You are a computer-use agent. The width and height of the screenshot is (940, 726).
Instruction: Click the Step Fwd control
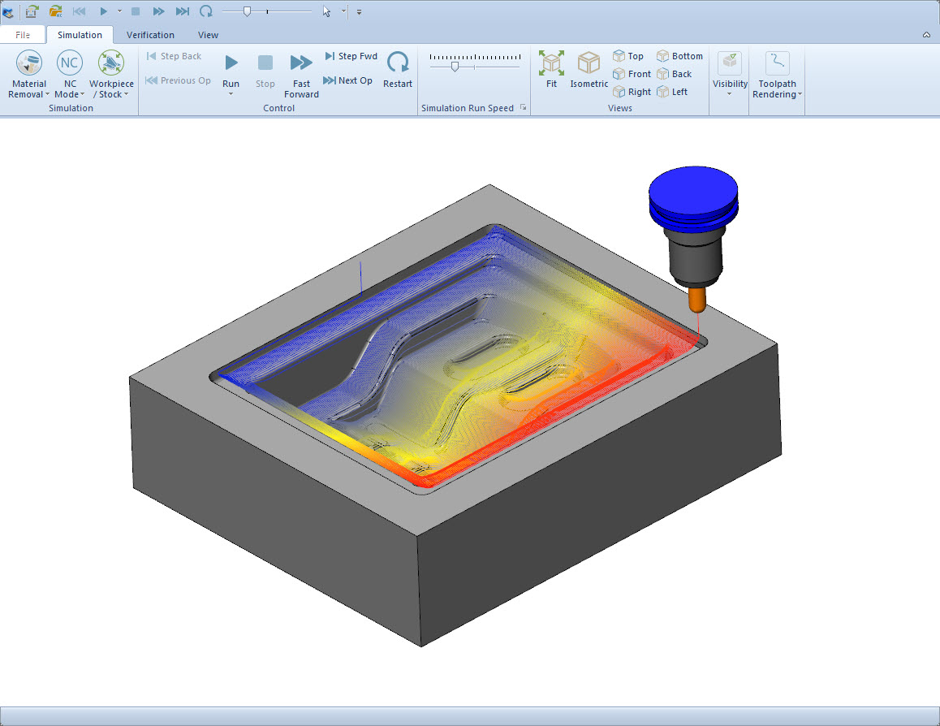point(351,56)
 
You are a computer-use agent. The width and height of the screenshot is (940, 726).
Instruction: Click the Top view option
point(628,56)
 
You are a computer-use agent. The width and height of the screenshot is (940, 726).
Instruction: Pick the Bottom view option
point(679,56)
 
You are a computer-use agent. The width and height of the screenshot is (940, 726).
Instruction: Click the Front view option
point(632,74)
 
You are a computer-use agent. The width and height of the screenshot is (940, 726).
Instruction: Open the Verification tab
point(150,35)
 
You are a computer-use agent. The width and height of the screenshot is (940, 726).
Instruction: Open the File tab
point(23,35)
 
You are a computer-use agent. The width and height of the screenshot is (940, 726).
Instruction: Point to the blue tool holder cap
point(693,195)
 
